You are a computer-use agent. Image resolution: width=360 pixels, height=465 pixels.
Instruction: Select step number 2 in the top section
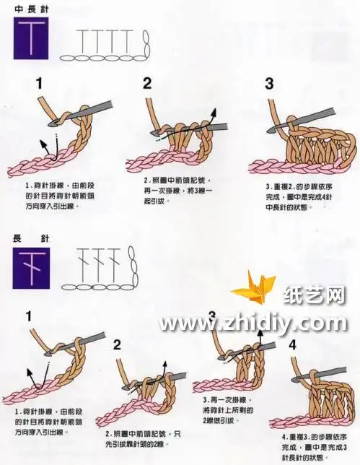(147, 83)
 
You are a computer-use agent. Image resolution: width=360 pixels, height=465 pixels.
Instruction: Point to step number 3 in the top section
(269, 83)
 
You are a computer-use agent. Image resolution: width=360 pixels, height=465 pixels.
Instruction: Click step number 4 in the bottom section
(293, 345)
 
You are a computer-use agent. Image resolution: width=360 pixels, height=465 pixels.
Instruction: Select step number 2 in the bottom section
(117, 345)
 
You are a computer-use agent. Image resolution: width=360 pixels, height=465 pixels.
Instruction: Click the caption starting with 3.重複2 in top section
(297, 195)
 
